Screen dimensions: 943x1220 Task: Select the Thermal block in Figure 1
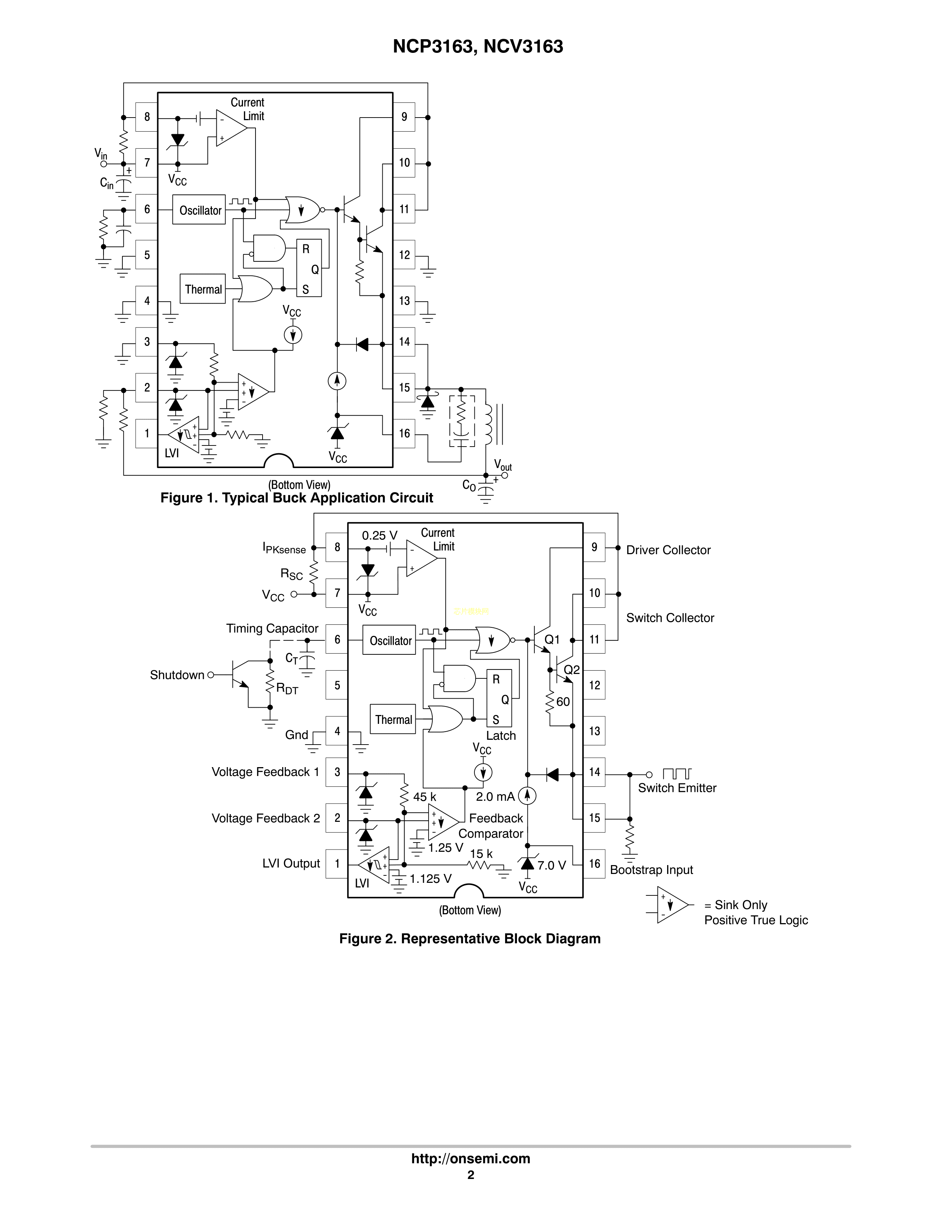point(203,289)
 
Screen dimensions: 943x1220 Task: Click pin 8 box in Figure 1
point(147,117)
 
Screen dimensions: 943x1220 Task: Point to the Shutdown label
point(177,675)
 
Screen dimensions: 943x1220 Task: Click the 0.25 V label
point(380,535)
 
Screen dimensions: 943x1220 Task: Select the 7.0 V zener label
point(552,865)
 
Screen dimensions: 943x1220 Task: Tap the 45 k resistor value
point(425,797)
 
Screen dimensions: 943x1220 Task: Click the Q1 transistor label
point(552,640)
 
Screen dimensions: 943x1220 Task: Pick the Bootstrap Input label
point(651,870)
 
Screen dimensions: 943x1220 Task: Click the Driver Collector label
point(668,550)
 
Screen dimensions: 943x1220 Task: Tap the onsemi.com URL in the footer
point(470,1159)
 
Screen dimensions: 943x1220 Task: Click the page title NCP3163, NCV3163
point(478,46)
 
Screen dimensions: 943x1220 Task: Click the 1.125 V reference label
point(430,879)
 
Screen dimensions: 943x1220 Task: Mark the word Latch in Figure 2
point(501,736)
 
